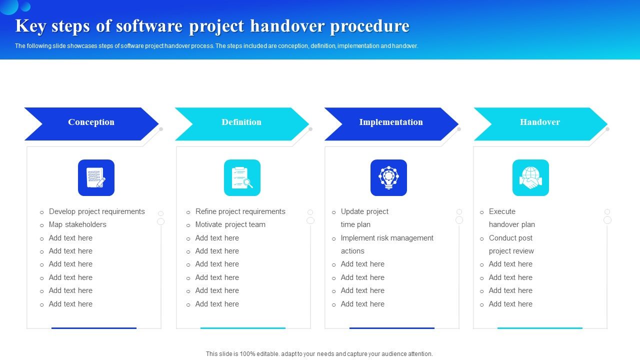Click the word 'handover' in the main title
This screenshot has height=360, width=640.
point(286,26)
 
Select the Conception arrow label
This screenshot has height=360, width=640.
point(91,122)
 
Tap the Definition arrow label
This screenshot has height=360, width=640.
point(241,122)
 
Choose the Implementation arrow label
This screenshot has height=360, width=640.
point(391,122)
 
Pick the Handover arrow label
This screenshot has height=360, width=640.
point(540,122)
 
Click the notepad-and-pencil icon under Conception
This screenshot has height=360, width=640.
point(96,178)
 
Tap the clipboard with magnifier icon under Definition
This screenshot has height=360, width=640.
point(242,178)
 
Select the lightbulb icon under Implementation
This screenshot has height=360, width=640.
point(388,178)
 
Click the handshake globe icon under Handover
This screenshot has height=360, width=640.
point(530,178)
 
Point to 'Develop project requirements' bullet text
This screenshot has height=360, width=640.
point(96,211)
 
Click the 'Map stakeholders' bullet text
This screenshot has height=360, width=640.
point(77,224)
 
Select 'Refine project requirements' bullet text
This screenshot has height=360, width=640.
point(240,211)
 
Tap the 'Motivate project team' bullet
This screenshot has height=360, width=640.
point(230,224)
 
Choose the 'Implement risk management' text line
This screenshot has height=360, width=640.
point(387,238)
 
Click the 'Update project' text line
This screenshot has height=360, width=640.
point(364,211)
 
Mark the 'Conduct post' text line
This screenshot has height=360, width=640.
point(510,238)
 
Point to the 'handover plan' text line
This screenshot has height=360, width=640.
point(511,224)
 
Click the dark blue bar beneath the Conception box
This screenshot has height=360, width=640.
point(94,328)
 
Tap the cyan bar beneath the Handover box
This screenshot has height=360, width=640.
point(540,328)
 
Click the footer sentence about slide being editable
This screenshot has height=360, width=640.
point(319,353)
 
